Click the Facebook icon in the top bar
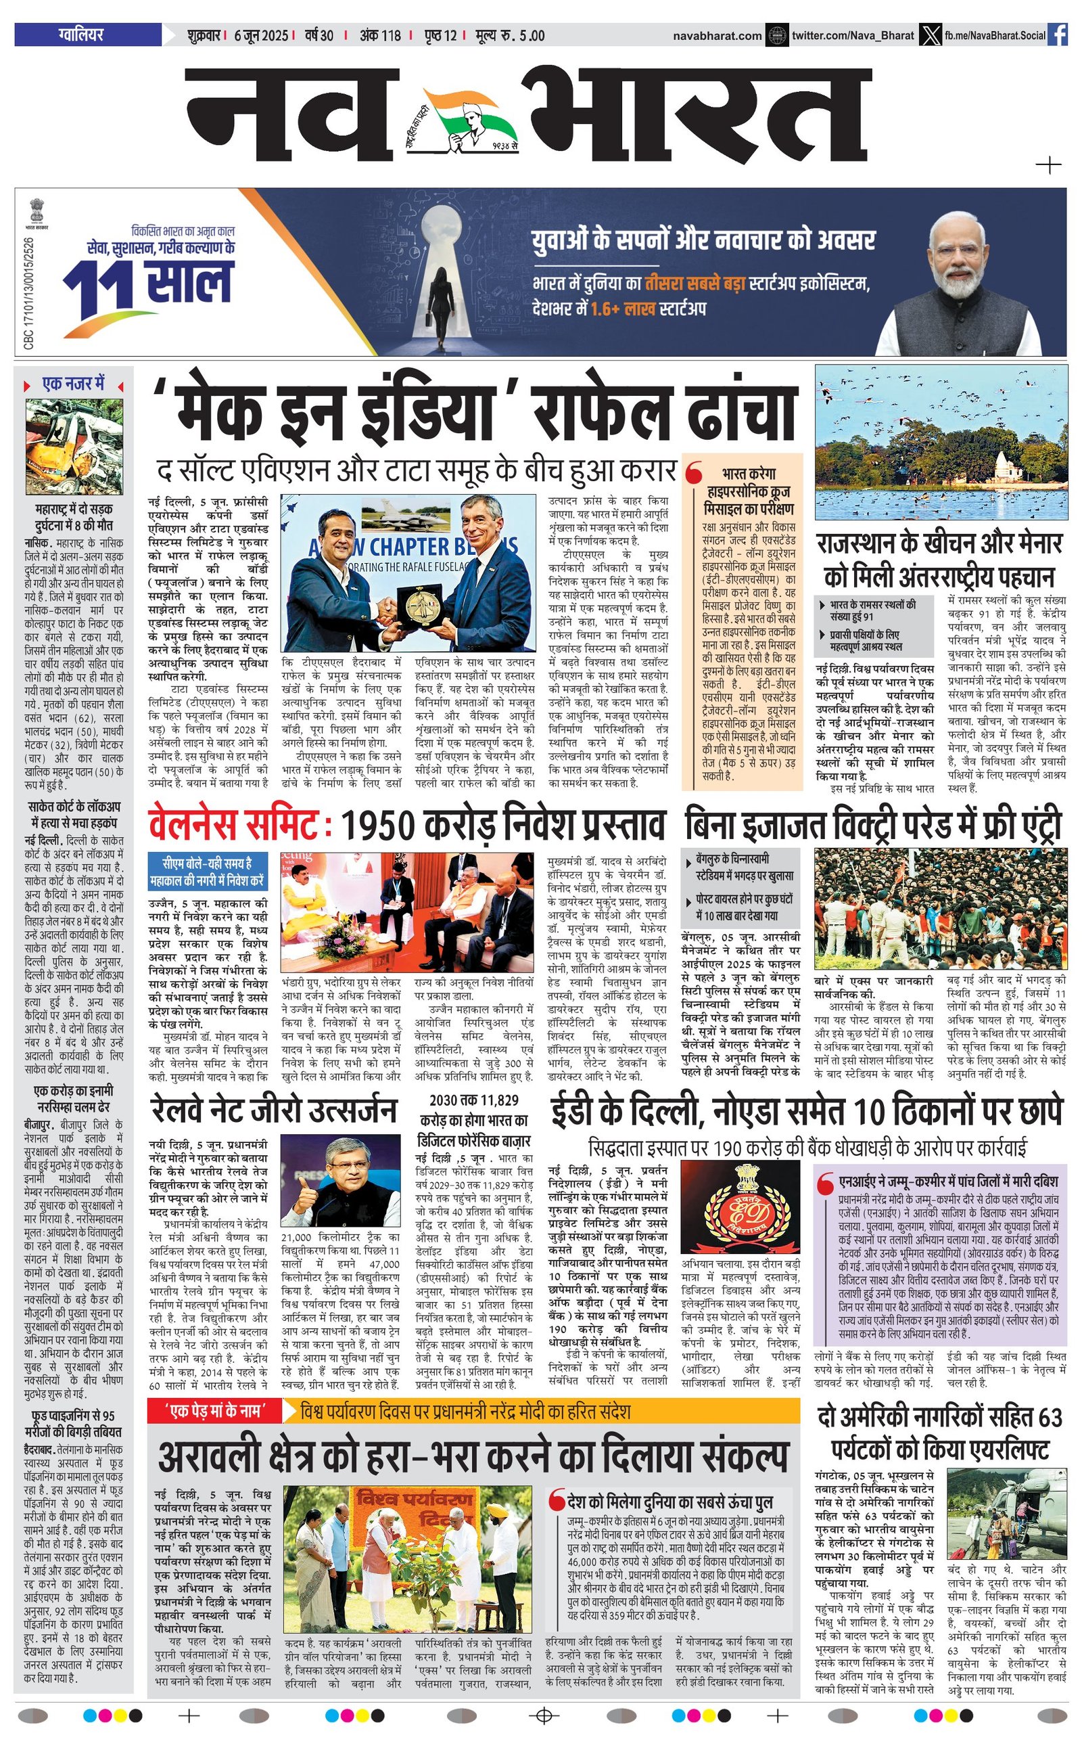tap(1057, 35)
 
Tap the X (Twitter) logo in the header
tap(929, 35)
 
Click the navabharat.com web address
tap(717, 35)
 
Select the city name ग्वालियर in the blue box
tap(81, 35)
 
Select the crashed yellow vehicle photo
tap(74, 447)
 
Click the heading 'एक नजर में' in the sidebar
tap(74, 384)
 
